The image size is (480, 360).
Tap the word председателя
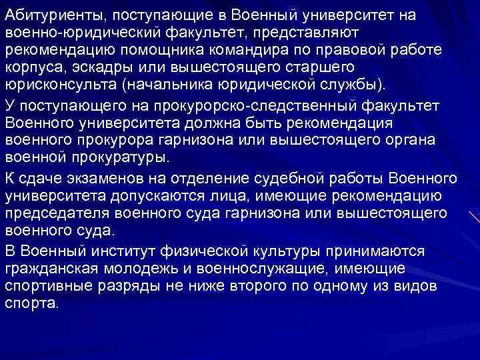(57, 213)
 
